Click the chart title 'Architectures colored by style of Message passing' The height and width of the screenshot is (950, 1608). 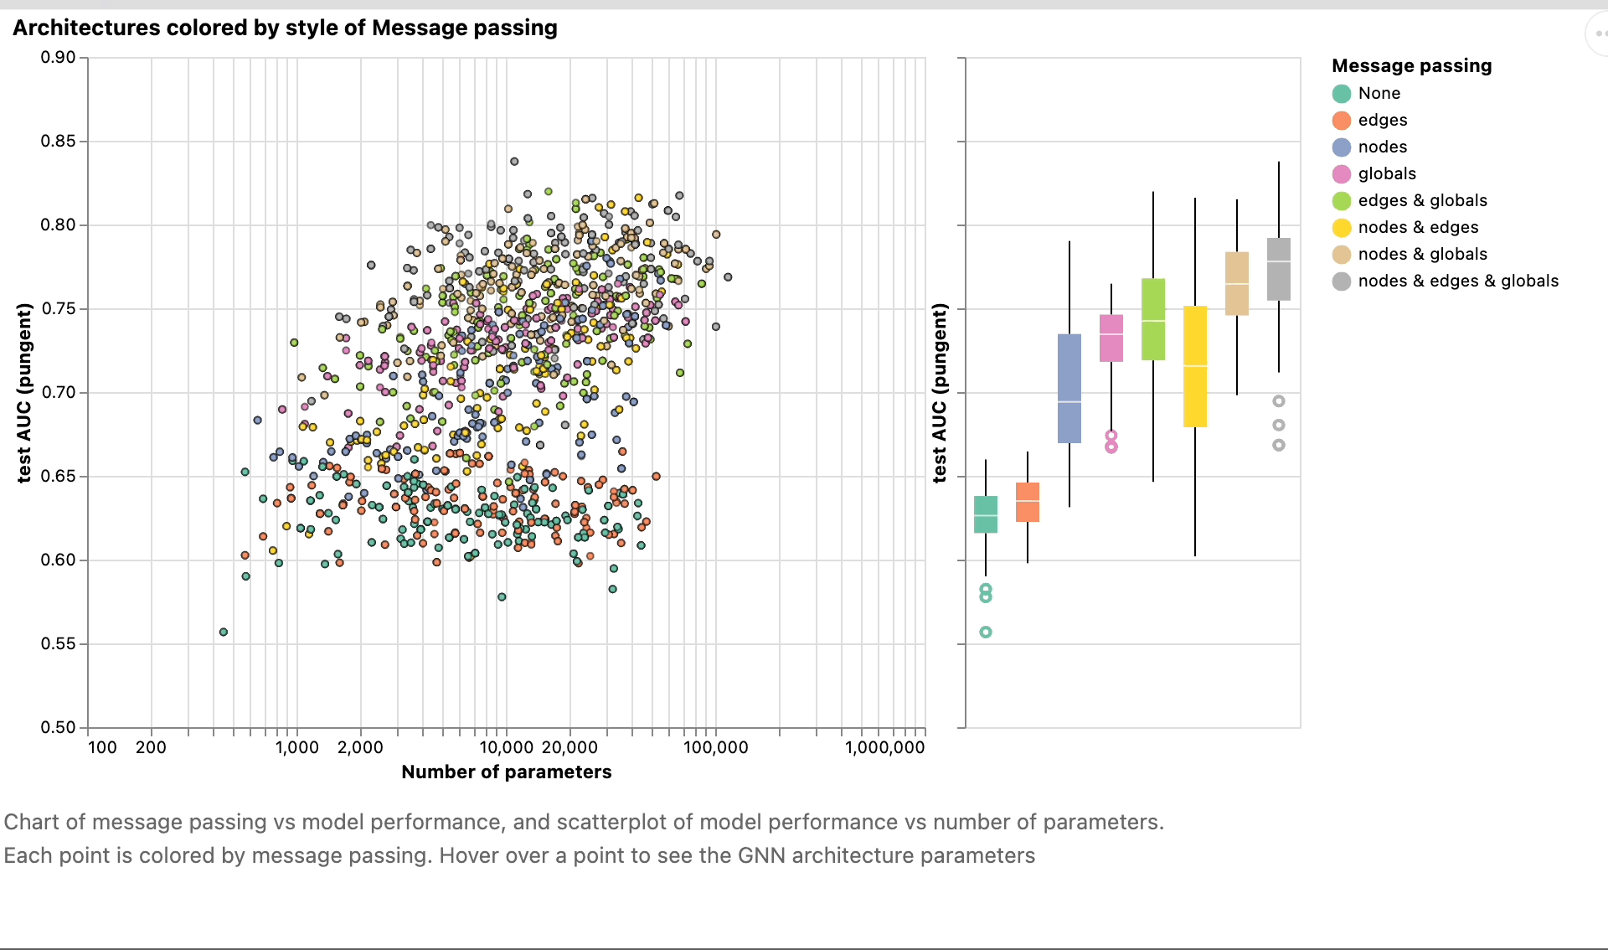[x=285, y=28]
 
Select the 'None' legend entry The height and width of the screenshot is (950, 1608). [x=1379, y=93]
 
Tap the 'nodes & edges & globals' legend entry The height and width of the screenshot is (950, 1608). [x=1457, y=281]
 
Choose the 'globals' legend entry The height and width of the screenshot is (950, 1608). [x=1386, y=173]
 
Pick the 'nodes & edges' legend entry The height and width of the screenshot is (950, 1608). [x=1417, y=227]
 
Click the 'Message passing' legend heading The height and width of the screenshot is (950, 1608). [x=1411, y=65]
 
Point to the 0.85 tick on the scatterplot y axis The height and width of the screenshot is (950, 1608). [x=58, y=141]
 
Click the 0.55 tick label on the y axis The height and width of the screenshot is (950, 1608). [x=58, y=643]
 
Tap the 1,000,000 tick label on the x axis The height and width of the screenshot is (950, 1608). [x=884, y=747]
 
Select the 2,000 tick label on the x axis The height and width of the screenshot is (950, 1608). [x=360, y=747]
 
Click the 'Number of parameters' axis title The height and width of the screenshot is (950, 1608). [x=506, y=772]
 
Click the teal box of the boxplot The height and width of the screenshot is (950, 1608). [x=986, y=514]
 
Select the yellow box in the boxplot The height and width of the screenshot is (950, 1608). [x=1195, y=367]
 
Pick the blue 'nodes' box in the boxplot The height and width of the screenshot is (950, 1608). [x=1069, y=388]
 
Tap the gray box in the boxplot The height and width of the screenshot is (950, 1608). [x=1279, y=269]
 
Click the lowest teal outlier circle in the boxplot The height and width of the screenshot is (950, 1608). [x=986, y=632]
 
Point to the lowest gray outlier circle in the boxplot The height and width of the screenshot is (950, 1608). [x=1279, y=446]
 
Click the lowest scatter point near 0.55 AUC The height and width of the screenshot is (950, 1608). [x=224, y=632]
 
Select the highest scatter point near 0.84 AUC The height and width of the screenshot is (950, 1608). [x=514, y=162]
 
